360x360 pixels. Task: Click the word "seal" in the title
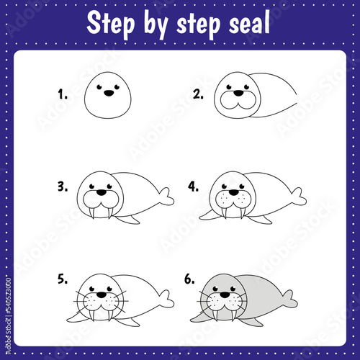(249, 22)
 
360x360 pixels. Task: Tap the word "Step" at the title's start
(111, 24)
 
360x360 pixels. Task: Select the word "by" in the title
(156, 24)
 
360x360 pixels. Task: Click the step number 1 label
(63, 94)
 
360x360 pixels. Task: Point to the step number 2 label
(198, 94)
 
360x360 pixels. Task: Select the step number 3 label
(63, 186)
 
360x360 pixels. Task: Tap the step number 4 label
(193, 186)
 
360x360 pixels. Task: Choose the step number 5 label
(63, 279)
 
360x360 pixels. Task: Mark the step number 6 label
(189, 279)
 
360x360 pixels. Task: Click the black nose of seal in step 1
(109, 93)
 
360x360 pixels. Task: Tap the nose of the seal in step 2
(238, 93)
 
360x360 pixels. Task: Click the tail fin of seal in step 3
(166, 197)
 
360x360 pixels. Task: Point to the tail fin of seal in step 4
(299, 197)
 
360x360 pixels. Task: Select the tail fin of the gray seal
(290, 299)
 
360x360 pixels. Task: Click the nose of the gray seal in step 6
(225, 294)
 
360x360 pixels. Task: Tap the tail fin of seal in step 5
(166, 299)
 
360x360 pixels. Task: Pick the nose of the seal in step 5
(102, 294)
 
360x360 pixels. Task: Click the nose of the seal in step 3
(102, 192)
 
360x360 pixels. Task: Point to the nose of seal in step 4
(234, 192)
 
